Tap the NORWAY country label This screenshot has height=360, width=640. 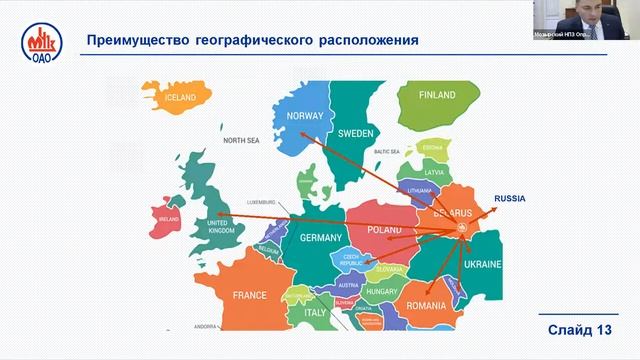point(305,115)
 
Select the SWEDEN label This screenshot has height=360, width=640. point(354,133)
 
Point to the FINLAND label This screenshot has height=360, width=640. point(437,96)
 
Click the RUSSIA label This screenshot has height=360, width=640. point(510,199)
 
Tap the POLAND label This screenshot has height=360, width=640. point(385,229)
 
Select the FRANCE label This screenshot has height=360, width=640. point(249,295)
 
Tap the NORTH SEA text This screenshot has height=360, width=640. point(241,140)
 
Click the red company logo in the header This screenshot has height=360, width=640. point(41,43)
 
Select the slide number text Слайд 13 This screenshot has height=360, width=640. point(579,330)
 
